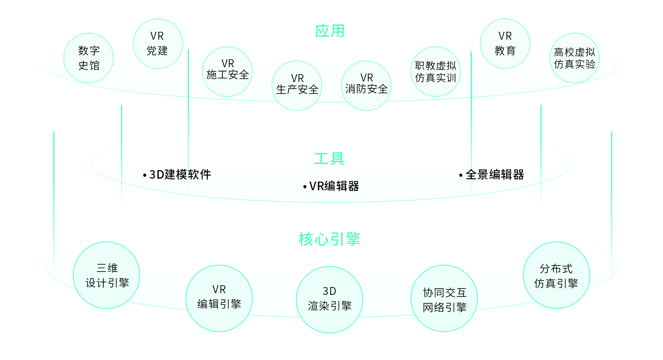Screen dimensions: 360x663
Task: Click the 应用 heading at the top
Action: [330, 31]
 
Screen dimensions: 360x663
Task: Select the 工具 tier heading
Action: [329, 159]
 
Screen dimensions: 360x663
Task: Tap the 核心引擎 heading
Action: [329, 239]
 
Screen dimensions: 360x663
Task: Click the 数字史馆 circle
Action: [89, 58]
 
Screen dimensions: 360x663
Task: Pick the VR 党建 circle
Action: [158, 44]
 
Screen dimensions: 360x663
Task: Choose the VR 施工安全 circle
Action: [228, 72]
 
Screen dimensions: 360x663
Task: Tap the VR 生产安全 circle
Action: [297, 86]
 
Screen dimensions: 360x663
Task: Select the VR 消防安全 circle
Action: [366, 86]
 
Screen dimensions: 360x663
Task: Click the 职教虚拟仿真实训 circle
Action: [436, 72]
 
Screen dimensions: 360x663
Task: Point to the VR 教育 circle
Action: [505, 44]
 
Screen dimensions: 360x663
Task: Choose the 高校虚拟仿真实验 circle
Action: [574, 58]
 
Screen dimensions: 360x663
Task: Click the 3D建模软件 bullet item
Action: [180, 175]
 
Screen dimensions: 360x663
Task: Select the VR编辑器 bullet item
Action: [334, 186]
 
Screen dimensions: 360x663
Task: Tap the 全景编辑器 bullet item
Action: [495, 175]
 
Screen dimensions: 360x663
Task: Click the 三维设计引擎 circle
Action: [107, 275]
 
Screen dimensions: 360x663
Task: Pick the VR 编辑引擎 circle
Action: [219, 298]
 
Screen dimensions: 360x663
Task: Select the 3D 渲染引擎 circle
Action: [329, 300]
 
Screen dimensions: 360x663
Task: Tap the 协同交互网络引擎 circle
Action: [444, 298]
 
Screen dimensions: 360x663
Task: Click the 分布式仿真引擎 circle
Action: [556, 275]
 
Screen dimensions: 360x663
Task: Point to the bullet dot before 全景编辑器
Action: [461, 175]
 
